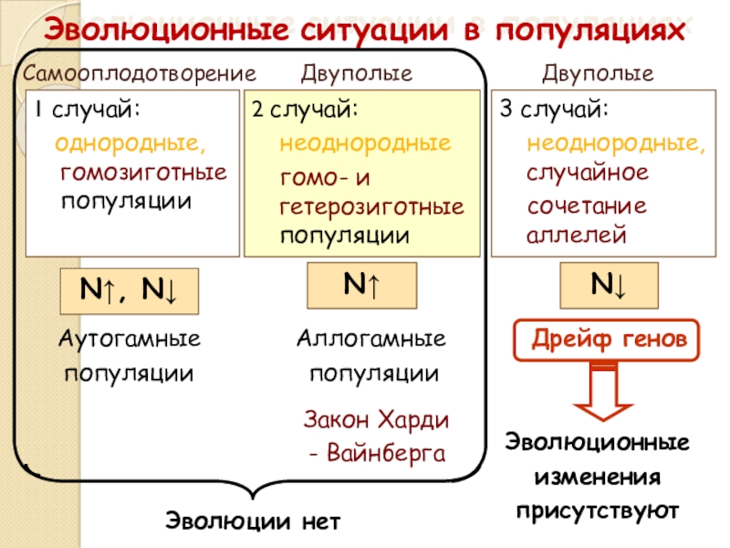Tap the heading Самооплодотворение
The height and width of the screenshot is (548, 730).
[140, 72]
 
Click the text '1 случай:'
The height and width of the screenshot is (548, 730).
[88, 111]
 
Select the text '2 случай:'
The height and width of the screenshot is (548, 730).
[305, 111]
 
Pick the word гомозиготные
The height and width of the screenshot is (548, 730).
[142, 172]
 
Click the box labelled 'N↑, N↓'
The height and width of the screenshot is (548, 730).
[130, 290]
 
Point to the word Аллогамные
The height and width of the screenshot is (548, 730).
[371, 339]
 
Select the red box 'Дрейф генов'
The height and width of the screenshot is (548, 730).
[609, 340]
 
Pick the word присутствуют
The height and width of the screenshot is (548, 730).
[598, 508]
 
